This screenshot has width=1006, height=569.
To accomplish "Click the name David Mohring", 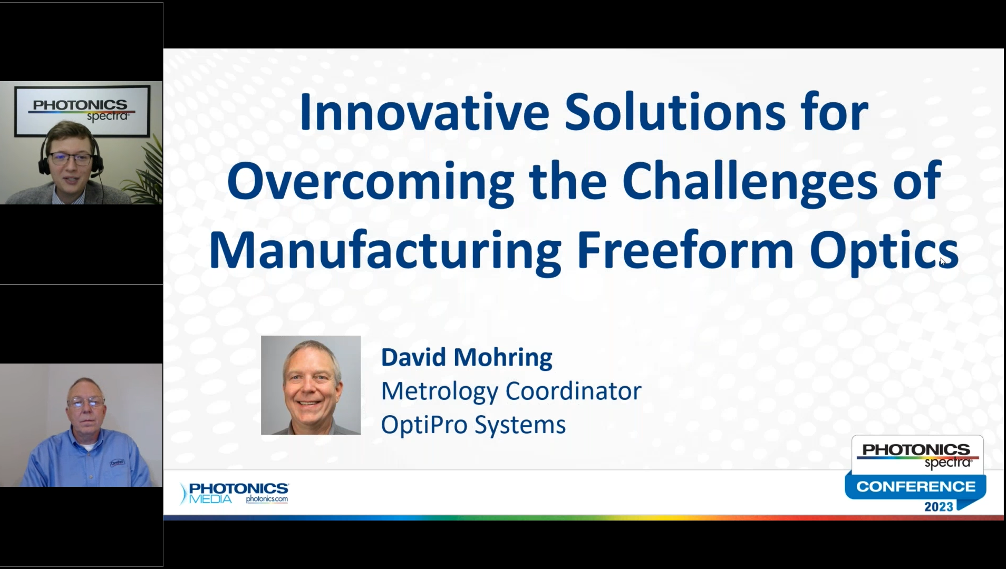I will [467, 357].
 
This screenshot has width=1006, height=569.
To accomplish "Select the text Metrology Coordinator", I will [511, 391].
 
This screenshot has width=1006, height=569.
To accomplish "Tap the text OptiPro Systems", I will [473, 425].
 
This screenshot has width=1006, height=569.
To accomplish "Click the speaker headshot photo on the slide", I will [311, 385].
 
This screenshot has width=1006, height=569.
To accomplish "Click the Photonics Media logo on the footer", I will [234, 493].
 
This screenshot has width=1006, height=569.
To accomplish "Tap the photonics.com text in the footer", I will [267, 499].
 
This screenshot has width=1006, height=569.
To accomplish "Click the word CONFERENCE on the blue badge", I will [916, 486].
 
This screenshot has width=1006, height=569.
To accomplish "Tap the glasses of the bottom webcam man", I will [85, 403].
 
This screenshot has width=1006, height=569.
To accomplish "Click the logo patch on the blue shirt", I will [117, 463].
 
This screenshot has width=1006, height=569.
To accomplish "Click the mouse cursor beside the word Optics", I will [943, 262].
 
